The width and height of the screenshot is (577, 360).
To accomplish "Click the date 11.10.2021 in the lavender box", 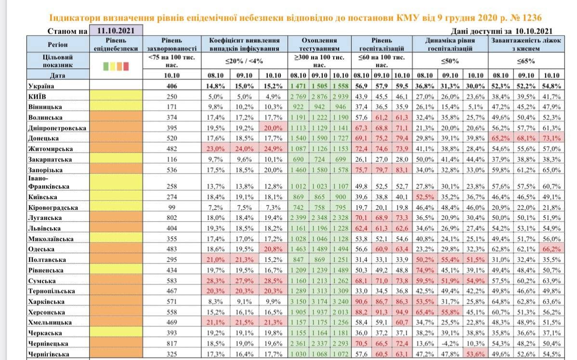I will click(115, 30).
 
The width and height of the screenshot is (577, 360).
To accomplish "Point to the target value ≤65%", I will click(525, 62).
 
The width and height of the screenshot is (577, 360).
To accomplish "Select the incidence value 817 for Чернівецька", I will click(172, 344).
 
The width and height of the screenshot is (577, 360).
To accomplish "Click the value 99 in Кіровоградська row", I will click(172, 207).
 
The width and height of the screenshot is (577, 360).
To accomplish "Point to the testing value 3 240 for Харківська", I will click(341, 302).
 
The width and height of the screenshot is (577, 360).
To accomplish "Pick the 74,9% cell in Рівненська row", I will click(425, 270).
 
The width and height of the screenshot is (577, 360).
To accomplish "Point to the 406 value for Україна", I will click(172, 86).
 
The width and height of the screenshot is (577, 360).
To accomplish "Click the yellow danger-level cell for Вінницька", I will click(116, 107).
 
